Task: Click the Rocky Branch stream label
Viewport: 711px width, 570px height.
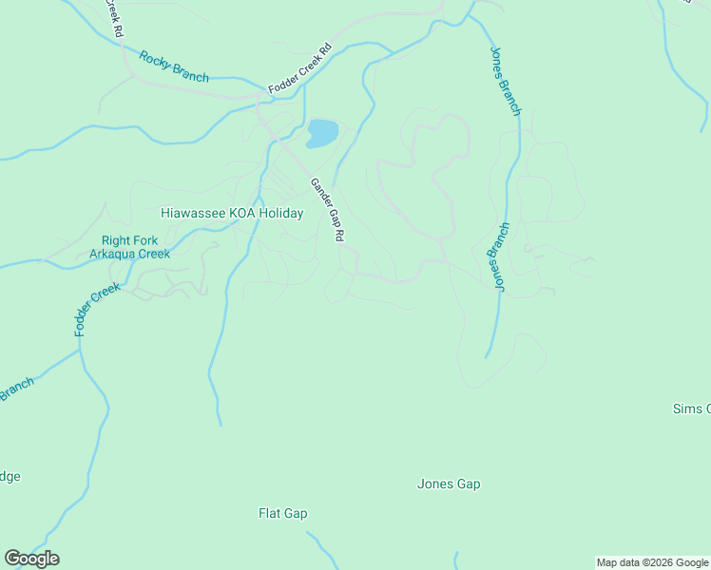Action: point(174,66)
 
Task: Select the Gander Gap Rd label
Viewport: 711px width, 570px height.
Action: point(326,210)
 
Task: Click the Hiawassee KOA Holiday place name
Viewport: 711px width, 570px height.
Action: point(232,214)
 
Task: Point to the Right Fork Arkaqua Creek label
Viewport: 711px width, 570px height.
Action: point(129,247)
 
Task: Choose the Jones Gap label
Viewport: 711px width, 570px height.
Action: point(449,484)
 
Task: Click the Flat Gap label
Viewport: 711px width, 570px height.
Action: point(283,514)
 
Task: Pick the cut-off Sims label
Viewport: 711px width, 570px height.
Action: point(691,408)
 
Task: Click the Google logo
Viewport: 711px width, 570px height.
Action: point(31,559)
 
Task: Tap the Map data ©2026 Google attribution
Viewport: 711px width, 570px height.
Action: point(652,562)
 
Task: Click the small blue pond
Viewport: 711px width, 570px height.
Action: point(322,133)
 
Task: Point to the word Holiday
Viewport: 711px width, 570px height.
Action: point(281,214)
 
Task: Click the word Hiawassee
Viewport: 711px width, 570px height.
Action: point(194,214)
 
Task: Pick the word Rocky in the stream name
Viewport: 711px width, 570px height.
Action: point(155,60)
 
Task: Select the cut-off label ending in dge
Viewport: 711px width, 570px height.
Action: point(10,477)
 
